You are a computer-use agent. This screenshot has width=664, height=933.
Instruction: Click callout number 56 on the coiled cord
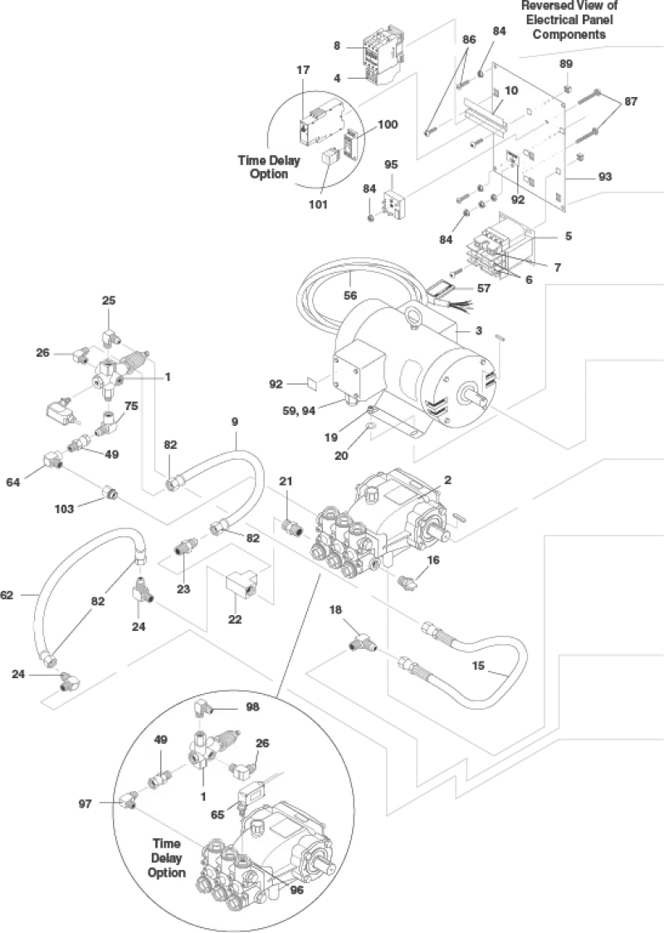pyautogui.click(x=350, y=296)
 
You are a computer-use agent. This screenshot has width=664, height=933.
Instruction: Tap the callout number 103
pyautogui.click(x=64, y=509)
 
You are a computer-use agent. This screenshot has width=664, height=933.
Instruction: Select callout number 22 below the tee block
pyautogui.click(x=235, y=619)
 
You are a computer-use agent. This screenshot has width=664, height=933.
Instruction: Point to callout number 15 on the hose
pyautogui.click(x=478, y=666)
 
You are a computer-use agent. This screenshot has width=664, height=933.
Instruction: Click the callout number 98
pyautogui.click(x=253, y=707)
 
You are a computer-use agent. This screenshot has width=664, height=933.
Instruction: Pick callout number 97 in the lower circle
pyautogui.click(x=85, y=804)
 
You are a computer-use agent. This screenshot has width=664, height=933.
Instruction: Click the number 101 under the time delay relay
pyautogui.click(x=319, y=205)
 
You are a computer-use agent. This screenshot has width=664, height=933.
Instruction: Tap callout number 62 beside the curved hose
pyautogui.click(x=7, y=595)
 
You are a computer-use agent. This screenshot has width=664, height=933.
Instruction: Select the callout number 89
pyautogui.click(x=566, y=64)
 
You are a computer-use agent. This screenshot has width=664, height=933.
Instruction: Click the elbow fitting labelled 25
pyautogui.click(x=111, y=339)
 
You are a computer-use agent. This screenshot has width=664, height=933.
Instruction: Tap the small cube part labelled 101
pyautogui.click(x=329, y=157)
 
